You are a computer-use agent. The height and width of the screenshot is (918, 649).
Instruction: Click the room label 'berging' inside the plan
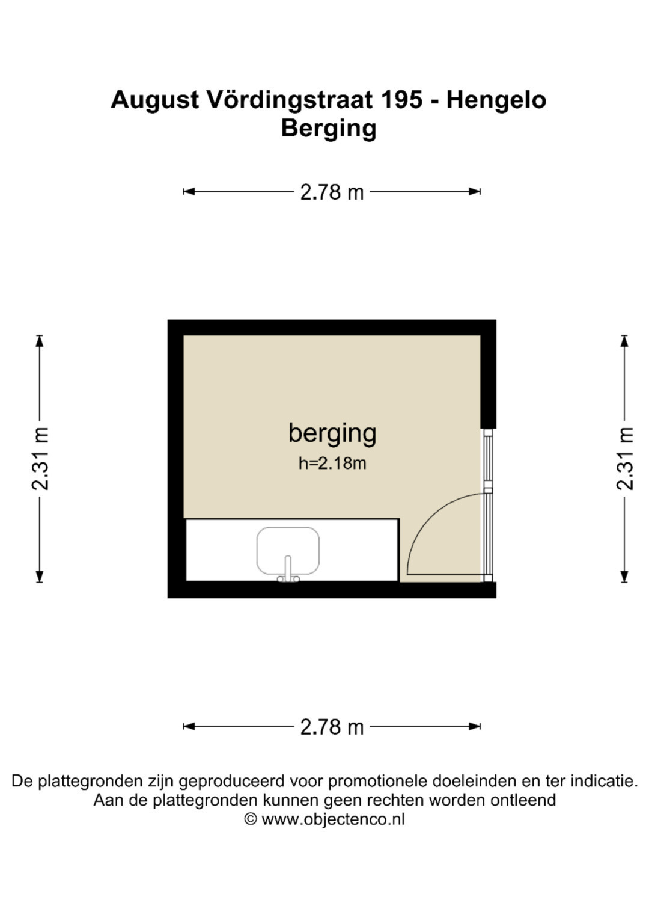click(x=332, y=434)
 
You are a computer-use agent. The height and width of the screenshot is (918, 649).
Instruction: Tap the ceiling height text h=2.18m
click(x=332, y=464)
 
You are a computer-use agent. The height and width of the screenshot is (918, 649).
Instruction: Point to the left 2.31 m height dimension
click(x=40, y=459)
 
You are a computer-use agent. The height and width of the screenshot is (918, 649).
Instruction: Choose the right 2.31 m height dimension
click(x=624, y=459)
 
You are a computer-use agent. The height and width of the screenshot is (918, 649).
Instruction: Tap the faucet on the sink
click(x=288, y=569)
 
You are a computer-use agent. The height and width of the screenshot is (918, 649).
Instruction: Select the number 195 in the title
click(x=401, y=100)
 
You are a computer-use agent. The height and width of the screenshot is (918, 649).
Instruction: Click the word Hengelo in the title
click(x=496, y=100)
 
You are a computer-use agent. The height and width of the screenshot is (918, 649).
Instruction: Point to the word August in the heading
click(x=155, y=100)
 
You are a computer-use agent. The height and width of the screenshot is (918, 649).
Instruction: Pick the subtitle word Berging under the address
click(x=329, y=129)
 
